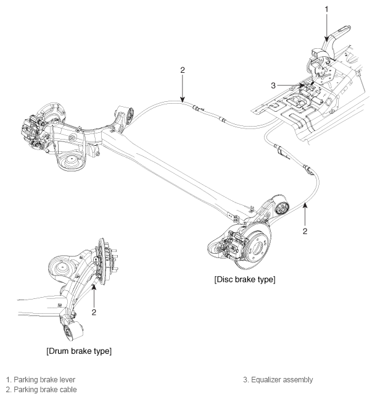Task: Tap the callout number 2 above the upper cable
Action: pyautogui.click(x=182, y=70)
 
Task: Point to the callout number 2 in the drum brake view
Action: pyautogui.click(x=94, y=312)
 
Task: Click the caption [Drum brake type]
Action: pyautogui.click(x=78, y=351)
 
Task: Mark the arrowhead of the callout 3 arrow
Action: pyautogui.click(x=304, y=85)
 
